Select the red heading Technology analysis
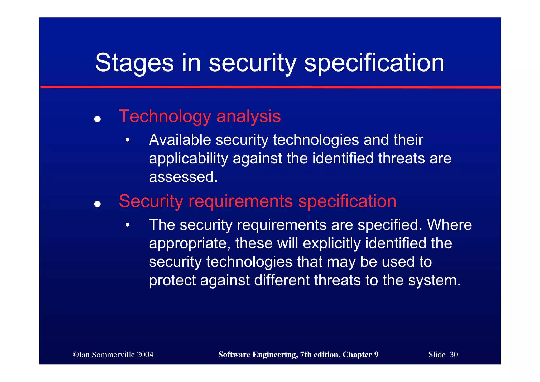pyautogui.click(x=200, y=116)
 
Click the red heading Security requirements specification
pyautogui.click(x=257, y=201)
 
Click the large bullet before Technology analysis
pyautogui.click(x=98, y=119)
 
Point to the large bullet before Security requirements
pyautogui.click(x=98, y=204)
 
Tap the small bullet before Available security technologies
pyautogui.click(x=127, y=140)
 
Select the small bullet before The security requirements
pyautogui.click(x=127, y=225)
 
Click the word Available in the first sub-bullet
pyautogui.click(x=180, y=140)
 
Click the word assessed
pyautogui.click(x=183, y=177)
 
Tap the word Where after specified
pyautogui.click(x=449, y=225)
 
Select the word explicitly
pyautogui.click(x=331, y=243)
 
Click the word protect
pyautogui.click(x=172, y=280)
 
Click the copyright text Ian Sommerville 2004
pyautogui.click(x=113, y=355)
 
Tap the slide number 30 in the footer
pyautogui.click(x=454, y=355)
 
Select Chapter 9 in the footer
pyautogui.click(x=360, y=355)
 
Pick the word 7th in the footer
pyautogui.click(x=306, y=355)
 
